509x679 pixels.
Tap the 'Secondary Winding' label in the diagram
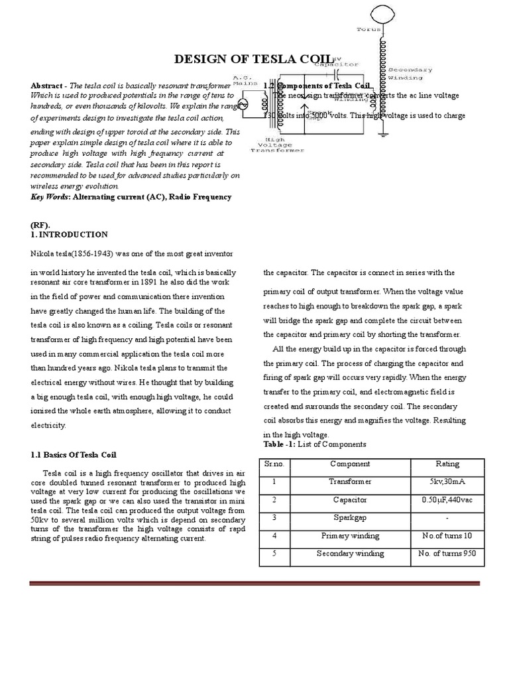(410, 73)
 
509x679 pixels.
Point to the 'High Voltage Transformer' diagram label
(277, 145)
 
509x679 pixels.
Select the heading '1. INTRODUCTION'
(69, 235)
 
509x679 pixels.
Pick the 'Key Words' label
(50, 197)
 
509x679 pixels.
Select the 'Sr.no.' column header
(274, 464)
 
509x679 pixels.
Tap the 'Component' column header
(350, 464)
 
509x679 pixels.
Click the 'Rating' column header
(445, 464)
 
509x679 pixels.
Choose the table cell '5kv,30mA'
(445, 482)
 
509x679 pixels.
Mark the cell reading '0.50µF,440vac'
(445, 500)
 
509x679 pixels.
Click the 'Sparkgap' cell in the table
(350, 518)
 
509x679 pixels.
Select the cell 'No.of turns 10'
(445, 536)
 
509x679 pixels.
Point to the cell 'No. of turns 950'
(445, 554)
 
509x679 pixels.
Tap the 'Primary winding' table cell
(350, 536)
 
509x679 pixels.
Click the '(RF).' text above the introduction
(41, 225)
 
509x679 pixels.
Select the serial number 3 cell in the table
(274, 518)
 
